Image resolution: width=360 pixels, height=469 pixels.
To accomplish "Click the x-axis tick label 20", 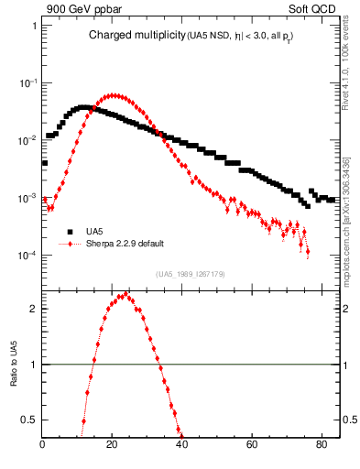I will [112, 447].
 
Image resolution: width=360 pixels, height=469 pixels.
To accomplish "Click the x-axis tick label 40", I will [181, 447].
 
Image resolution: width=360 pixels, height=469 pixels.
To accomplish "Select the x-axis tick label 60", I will [251, 447].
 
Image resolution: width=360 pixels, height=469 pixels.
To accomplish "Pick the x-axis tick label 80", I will [321, 447].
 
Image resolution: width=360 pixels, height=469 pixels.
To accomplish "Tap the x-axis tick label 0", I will [43, 447].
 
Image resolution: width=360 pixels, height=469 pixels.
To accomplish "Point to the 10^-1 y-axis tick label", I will [27, 82].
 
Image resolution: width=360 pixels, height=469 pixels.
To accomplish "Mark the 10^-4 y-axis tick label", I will [27, 255].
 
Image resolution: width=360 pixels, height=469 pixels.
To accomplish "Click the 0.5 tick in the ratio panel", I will [30, 420].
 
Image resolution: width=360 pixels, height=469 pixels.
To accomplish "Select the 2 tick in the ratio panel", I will [34, 309].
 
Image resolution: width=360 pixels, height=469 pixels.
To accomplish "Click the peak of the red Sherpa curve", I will [112, 94].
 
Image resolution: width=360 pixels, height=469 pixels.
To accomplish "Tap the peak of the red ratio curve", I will [120, 296].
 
